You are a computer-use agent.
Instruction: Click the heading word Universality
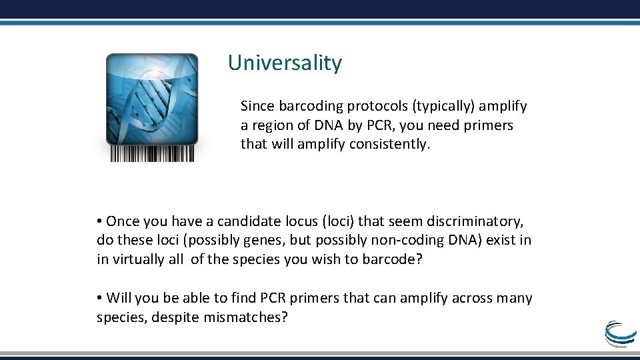pos(285,63)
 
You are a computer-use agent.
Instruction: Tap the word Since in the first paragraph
pos(257,106)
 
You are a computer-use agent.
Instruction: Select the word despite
pos(175,317)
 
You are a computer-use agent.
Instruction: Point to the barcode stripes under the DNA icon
pos(152,154)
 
